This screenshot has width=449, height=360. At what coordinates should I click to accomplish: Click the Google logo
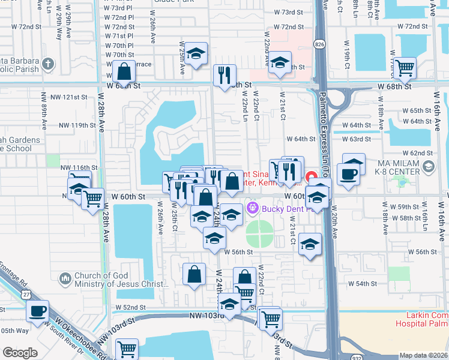point(20,353)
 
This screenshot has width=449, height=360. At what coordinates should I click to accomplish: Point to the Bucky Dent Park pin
point(252,208)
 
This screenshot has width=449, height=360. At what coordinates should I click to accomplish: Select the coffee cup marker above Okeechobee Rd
point(37,311)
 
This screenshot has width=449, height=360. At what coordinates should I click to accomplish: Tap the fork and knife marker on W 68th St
point(224,75)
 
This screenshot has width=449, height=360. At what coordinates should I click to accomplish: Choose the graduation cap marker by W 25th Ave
point(195,54)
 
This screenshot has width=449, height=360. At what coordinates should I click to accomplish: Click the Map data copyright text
point(423,355)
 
